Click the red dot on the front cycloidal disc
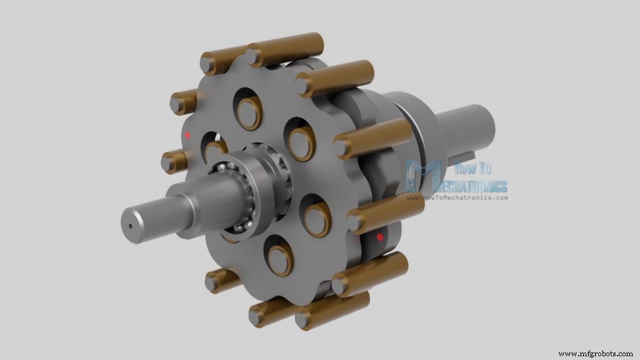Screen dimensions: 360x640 click(187, 134)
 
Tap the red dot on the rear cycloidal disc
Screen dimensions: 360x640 click(379, 237)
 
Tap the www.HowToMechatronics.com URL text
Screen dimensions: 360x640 click(457, 198)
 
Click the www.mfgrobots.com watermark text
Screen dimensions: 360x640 click(597, 354)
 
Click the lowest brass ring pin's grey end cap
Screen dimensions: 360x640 click(304, 321)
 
